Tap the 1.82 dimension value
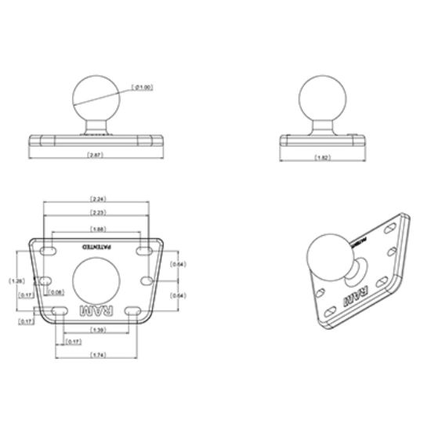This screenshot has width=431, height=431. [x=321, y=158]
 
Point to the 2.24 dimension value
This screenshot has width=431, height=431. [x=98, y=199]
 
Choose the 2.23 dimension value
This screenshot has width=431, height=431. [x=98, y=212]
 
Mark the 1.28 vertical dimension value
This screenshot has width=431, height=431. [x=14, y=280]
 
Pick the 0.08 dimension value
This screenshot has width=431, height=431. [x=56, y=292]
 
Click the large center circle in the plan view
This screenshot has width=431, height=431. [x=98, y=280]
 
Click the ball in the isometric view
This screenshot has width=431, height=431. [x=330, y=255]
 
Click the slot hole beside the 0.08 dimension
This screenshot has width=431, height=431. [x=46, y=280]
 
